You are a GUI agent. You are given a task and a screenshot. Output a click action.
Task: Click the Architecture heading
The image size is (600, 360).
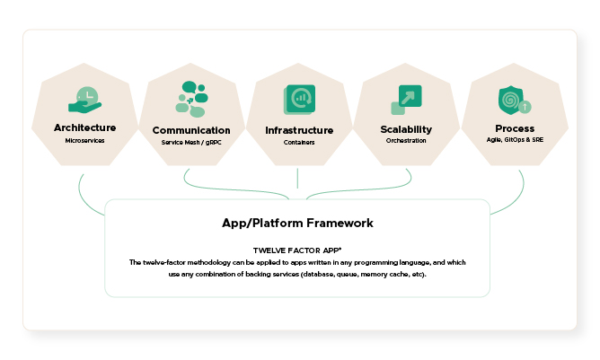[85, 127]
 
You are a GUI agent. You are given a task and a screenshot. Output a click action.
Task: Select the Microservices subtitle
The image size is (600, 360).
[84, 140]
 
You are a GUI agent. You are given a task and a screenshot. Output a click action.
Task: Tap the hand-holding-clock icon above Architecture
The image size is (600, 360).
[85, 100]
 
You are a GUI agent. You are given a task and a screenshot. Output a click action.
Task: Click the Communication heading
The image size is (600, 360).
[191, 130]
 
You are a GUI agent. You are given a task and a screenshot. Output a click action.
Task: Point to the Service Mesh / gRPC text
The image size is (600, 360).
[191, 143]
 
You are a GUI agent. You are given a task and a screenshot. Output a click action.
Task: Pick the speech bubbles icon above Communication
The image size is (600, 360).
[191, 99]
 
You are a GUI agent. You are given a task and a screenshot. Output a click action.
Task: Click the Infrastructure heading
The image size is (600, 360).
[299, 130]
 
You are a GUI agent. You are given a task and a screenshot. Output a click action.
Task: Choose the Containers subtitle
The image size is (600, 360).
[299, 143]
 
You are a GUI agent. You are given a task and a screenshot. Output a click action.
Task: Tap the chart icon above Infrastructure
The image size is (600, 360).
[300, 100]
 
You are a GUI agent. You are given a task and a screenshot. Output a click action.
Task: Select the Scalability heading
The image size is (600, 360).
[406, 129]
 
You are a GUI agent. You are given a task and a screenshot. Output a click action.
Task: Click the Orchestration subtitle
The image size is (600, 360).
[406, 140]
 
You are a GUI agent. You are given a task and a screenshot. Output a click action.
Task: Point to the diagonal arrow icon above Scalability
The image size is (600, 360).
[406, 100]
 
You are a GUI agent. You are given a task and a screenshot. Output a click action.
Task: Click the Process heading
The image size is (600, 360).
[515, 128]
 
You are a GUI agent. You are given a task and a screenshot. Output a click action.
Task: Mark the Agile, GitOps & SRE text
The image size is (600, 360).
[515, 140]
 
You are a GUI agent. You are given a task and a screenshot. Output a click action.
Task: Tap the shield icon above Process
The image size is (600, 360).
[511, 101]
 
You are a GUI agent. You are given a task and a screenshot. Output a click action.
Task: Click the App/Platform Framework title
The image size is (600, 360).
[297, 223]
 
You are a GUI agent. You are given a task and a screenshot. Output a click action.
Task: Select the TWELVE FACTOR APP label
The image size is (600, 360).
[297, 250]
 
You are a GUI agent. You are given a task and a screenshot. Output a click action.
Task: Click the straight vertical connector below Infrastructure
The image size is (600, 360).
[297, 179]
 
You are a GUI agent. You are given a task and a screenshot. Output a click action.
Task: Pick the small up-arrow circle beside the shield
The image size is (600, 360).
[525, 107]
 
